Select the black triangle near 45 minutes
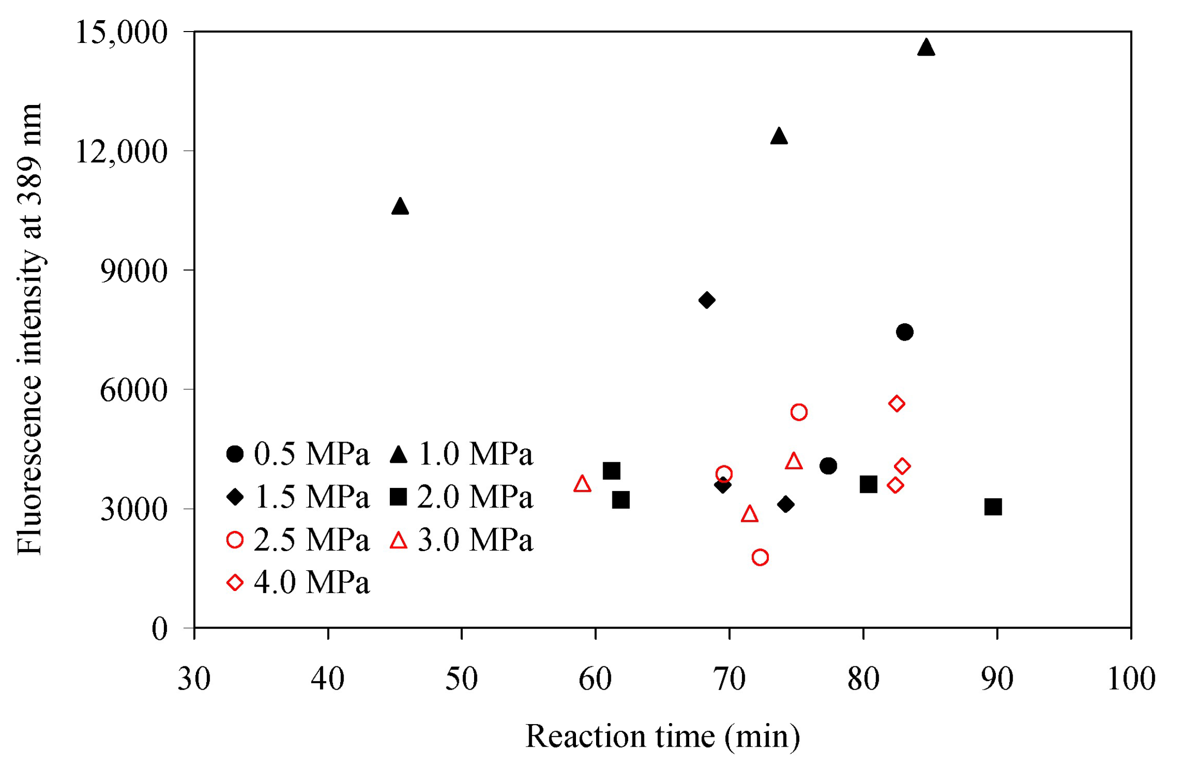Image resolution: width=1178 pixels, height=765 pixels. (x=400, y=207)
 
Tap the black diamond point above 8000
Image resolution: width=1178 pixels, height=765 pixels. (x=706, y=300)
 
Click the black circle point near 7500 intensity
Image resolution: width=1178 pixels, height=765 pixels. (x=904, y=331)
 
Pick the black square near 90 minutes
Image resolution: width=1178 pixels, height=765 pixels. (x=993, y=507)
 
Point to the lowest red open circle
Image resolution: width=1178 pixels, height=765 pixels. (x=760, y=557)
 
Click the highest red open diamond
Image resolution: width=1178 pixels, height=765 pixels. (x=896, y=403)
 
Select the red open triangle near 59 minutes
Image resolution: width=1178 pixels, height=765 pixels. (x=582, y=484)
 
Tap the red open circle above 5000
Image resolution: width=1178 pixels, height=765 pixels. (x=799, y=412)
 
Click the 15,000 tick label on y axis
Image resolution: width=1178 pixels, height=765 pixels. (x=122, y=33)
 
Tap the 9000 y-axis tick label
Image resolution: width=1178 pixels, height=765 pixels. (x=133, y=271)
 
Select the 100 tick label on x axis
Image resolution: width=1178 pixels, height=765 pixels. (x=1131, y=678)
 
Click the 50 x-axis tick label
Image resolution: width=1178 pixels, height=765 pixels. (x=461, y=678)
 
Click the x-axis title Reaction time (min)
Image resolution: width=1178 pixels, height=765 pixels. (x=662, y=736)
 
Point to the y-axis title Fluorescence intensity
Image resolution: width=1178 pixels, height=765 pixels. (x=30, y=329)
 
